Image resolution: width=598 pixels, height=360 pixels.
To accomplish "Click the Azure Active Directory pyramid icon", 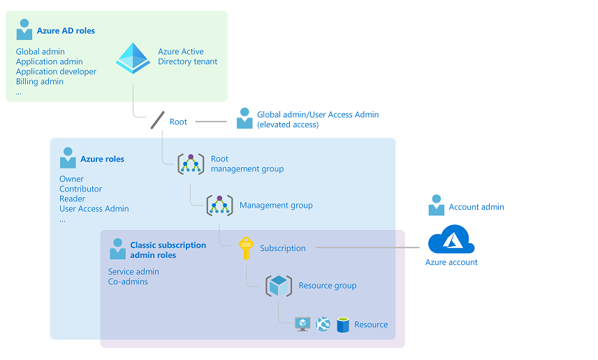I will coord(133,58).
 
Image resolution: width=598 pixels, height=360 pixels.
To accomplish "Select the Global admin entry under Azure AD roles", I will coord(41,52).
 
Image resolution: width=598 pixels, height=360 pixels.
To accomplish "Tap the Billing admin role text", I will coord(40,82).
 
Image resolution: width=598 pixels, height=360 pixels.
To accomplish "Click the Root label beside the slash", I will coord(178,122).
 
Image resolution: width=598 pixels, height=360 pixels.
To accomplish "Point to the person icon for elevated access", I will coord(244,118).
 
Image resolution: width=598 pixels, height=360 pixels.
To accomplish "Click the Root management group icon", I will coord(191,164).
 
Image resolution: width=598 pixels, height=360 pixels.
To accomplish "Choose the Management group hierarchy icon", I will coord(219,206).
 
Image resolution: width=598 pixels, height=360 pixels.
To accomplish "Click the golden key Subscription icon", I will coord(245,248).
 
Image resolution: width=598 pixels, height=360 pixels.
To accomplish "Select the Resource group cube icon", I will coord(279,285).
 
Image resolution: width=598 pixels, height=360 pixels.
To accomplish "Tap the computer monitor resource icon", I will coord(302,324).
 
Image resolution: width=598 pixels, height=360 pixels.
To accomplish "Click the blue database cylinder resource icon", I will coord(342,324).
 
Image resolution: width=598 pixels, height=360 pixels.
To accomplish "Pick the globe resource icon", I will coord(323,324).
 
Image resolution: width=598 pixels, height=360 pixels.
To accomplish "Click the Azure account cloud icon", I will coord(451,240).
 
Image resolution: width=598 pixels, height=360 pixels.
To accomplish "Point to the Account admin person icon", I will coord(437,206).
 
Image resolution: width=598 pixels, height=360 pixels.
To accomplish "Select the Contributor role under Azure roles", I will coord(80,189).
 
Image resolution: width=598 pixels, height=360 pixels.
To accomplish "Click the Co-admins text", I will coord(128,282).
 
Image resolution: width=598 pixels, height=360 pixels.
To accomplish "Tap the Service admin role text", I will coord(133,272).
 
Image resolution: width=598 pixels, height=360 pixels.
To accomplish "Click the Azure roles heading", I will coord(102,159).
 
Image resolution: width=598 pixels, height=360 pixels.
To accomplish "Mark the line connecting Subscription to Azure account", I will coord(370,247).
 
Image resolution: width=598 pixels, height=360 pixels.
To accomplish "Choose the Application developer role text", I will coord(56,72).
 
